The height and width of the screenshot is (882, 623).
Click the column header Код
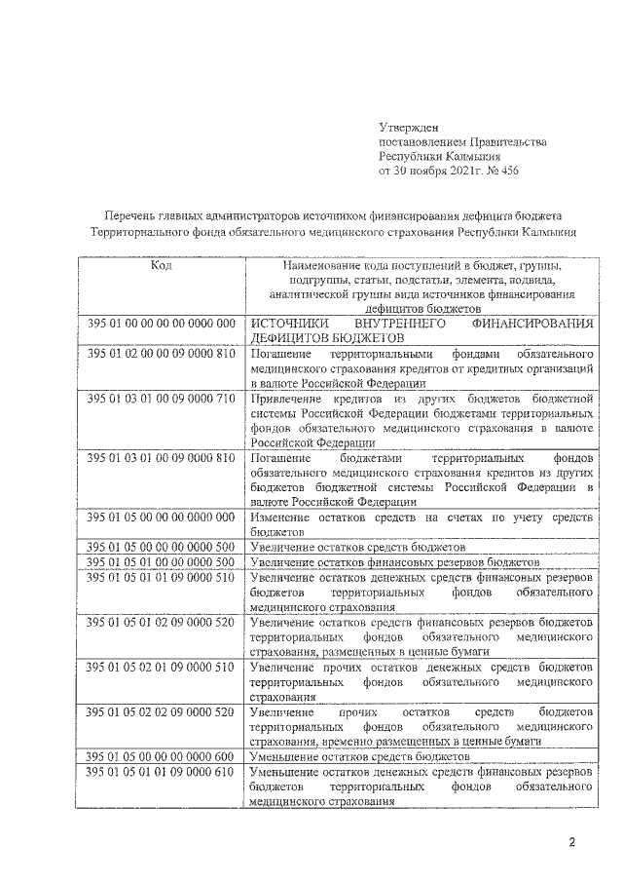162,265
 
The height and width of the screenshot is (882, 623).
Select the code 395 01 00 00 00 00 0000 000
162,323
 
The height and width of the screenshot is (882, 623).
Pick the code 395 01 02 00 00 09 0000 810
162,352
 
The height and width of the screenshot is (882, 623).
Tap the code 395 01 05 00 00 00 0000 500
162,548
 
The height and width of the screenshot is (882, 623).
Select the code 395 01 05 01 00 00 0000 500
162,562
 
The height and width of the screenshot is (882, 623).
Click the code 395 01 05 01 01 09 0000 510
162,577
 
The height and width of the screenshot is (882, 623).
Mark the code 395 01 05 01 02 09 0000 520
162,621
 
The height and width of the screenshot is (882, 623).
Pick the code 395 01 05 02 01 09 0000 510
162,666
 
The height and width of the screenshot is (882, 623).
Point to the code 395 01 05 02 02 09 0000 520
162,711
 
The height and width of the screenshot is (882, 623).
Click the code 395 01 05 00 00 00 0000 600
162,756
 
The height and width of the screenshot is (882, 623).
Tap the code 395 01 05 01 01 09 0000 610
162,771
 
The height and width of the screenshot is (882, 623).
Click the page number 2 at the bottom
573,841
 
